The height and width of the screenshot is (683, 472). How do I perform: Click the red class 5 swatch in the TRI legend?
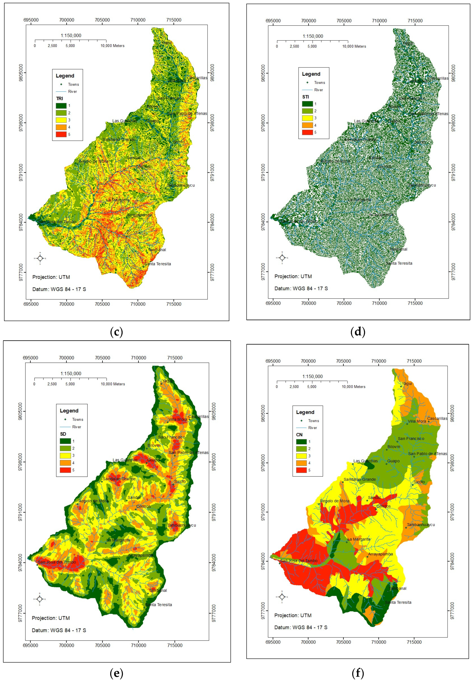tap(61, 134)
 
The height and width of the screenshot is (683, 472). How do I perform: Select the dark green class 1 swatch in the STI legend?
tap(307, 104)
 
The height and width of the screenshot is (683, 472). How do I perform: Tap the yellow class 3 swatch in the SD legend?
tap(65, 456)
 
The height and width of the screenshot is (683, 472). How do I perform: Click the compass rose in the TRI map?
tap(40, 258)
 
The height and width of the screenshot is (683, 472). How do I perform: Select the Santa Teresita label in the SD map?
tap(159, 605)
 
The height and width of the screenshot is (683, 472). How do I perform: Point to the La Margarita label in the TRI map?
tap(118, 200)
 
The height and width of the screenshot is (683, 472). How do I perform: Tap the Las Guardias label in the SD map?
tap(125, 460)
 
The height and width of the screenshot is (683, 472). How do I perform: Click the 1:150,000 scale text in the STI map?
tap(313, 36)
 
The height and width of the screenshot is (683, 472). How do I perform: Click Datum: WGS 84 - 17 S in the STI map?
tap(301, 288)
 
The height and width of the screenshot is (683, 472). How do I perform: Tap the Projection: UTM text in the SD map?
tap(51, 618)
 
